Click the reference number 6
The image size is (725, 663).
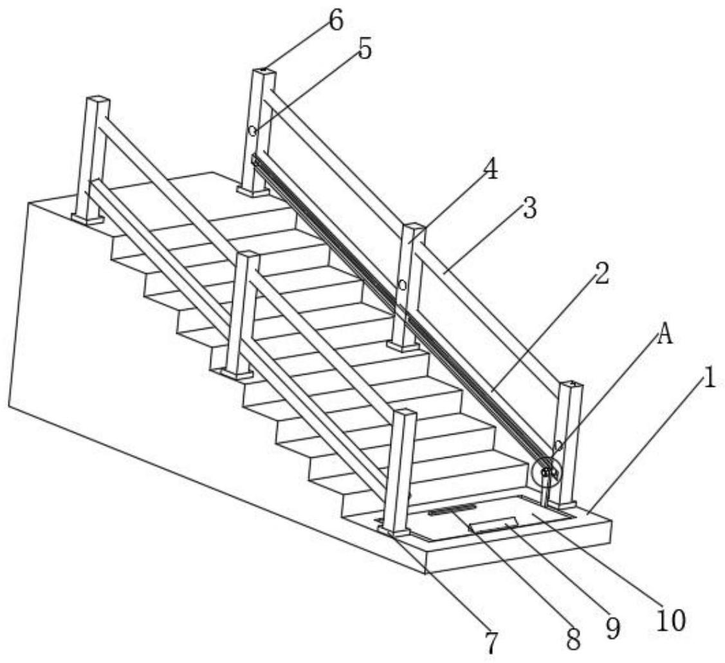[x=336, y=21]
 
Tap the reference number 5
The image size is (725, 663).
[x=364, y=50]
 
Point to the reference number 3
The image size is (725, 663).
[x=530, y=208]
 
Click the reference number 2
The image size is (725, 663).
[x=601, y=274]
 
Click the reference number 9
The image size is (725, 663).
[x=612, y=628]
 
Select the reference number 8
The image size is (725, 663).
[x=573, y=640]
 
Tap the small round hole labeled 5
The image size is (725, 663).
[x=252, y=131]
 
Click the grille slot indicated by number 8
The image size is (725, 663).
[x=452, y=509]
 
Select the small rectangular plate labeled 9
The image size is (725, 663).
[x=493, y=526]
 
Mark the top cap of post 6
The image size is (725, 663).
[x=264, y=71]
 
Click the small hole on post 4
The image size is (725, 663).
[x=403, y=285]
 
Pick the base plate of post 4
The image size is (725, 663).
[x=403, y=346]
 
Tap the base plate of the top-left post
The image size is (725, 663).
[x=88, y=218]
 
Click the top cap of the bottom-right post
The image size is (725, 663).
[x=571, y=384]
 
